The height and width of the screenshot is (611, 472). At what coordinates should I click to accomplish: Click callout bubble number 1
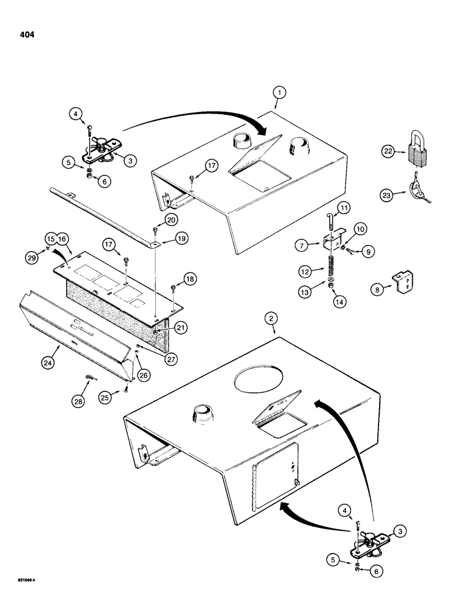pyautogui.click(x=279, y=93)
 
